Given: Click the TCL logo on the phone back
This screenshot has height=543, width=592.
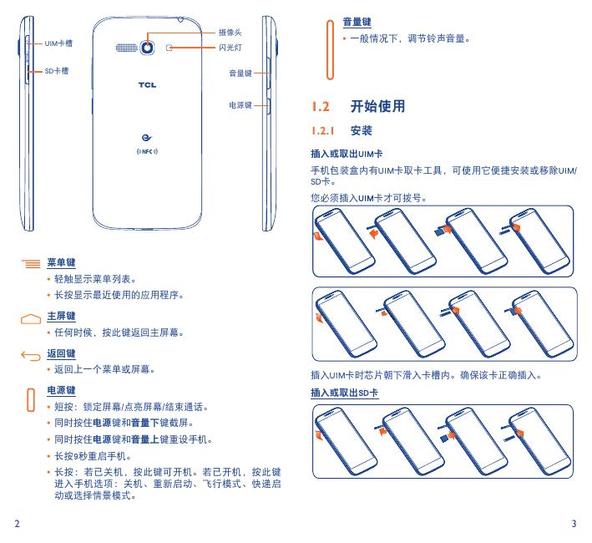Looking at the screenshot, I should [147, 84].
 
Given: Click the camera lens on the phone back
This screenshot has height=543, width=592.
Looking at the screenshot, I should [148, 48].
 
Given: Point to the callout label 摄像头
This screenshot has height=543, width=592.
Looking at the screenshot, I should [230, 31].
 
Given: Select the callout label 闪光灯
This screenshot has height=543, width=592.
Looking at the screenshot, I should [230, 48].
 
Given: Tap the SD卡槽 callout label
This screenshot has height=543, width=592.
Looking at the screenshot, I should [56, 71].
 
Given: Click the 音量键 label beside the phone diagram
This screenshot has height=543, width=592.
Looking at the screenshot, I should [240, 74].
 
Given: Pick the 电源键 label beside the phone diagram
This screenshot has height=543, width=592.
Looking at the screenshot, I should [240, 105].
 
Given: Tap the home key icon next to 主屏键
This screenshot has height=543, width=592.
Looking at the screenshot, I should [30, 317].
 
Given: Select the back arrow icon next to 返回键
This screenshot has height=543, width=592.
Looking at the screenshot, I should [30, 355].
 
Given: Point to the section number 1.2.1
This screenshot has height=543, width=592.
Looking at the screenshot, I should [322, 132].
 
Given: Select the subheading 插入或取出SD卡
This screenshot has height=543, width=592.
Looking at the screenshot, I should [345, 392].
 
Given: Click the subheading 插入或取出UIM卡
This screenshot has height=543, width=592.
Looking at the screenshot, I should [347, 155].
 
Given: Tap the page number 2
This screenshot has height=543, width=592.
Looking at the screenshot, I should [18, 524].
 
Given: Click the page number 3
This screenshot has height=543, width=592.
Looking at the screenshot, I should [574, 524].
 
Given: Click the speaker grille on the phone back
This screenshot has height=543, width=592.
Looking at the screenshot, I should [127, 48].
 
